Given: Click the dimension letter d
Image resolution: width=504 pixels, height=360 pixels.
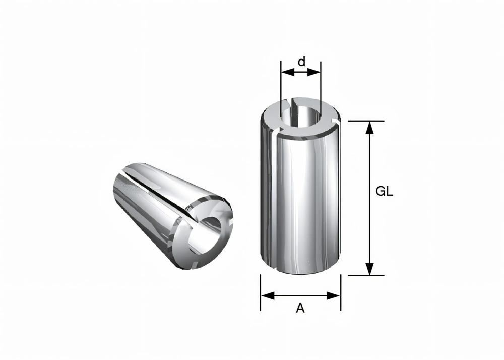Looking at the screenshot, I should (301, 62).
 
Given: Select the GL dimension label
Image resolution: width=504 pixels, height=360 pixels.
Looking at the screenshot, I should (385, 192).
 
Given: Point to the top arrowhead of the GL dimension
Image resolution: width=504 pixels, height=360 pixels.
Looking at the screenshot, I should (370, 127).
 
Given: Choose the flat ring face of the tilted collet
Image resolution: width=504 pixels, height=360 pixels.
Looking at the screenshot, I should (222, 209).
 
